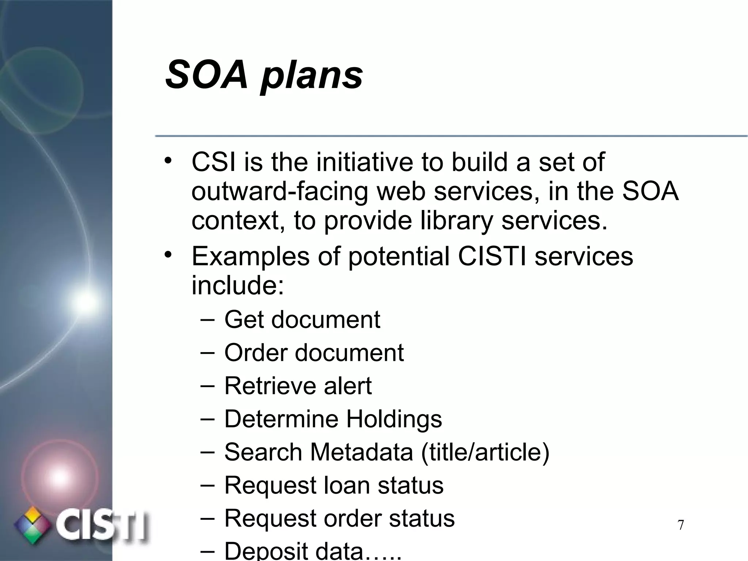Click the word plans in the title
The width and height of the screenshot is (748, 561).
tap(312, 77)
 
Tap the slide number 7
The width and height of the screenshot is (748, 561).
tap(680, 525)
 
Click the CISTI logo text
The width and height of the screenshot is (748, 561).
tap(102, 525)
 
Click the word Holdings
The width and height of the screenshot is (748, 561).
tap(394, 419)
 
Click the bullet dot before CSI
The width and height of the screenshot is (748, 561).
tap(167, 161)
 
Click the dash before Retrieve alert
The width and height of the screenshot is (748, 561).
tap(207, 385)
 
